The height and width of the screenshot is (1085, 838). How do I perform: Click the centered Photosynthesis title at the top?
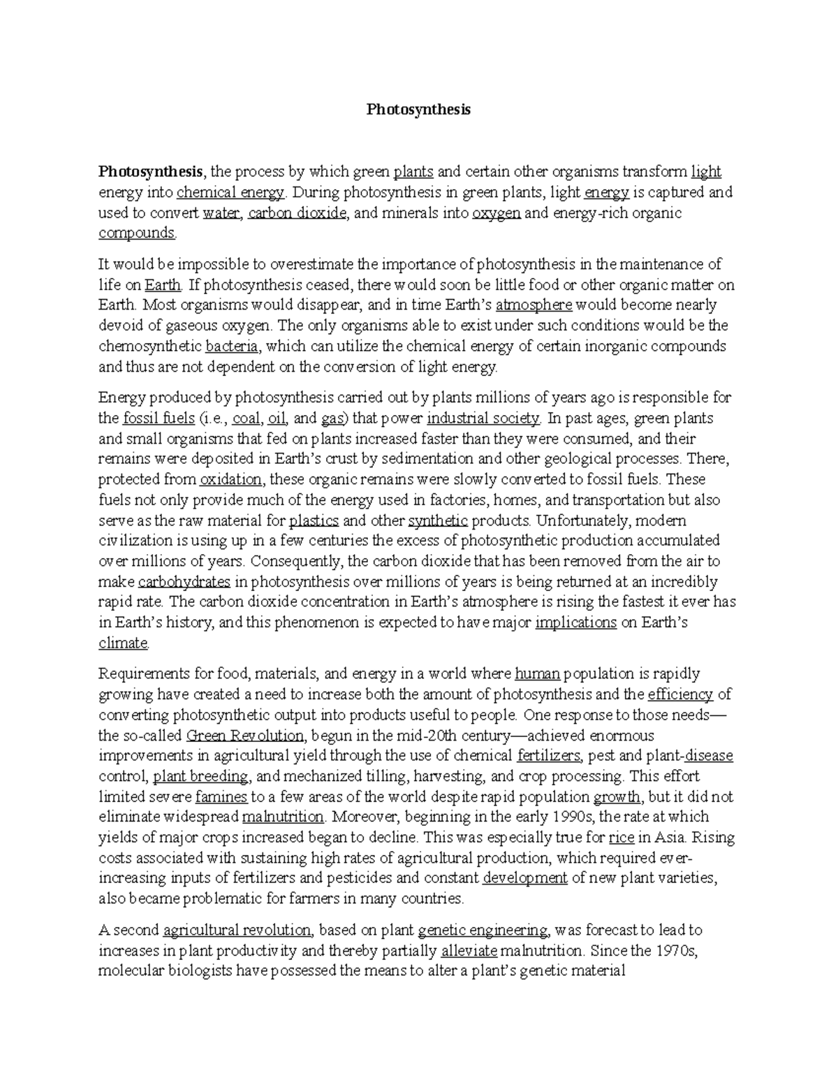pyautogui.click(x=419, y=110)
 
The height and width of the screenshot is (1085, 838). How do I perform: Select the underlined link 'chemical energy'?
pyautogui.click(x=230, y=192)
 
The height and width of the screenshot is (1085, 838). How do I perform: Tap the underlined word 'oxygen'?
pyautogui.click(x=496, y=213)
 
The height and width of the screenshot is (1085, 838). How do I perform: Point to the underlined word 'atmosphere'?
pyautogui.click(x=534, y=305)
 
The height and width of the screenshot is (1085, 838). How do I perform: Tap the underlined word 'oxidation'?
pyautogui.click(x=230, y=479)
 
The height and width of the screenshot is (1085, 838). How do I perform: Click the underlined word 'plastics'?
pyautogui.click(x=314, y=520)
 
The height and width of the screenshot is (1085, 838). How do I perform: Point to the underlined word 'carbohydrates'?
pyautogui.click(x=184, y=582)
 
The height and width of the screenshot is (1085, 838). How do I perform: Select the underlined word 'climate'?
pyautogui.click(x=123, y=643)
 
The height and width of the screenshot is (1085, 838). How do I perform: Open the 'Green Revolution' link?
pyautogui.click(x=246, y=735)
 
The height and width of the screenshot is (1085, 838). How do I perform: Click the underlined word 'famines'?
pyautogui.click(x=221, y=796)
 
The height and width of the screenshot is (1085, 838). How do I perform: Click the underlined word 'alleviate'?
pyautogui.click(x=469, y=951)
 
